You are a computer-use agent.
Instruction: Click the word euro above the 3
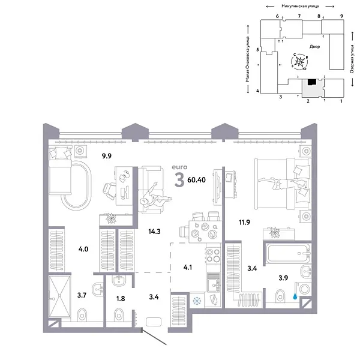coord(179,166)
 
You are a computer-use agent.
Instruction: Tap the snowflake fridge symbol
coord(195,301)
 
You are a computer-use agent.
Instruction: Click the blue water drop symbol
coord(295,295)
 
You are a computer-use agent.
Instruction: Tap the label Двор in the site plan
coord(314,46)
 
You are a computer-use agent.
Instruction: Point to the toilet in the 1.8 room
coord(119,313)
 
